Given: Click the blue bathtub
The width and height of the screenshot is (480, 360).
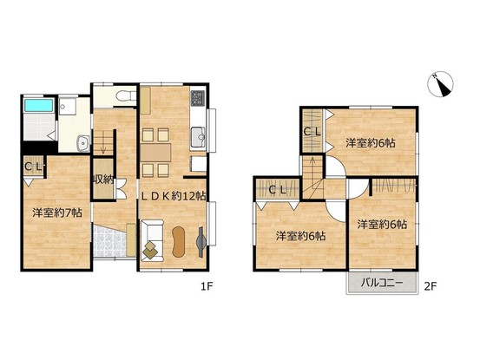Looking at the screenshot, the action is click(x=38, y=105).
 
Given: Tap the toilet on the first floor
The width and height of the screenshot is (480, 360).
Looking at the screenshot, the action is click(x=126, y=95).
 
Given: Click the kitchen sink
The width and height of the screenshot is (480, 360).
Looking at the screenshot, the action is click(x=198, y=136).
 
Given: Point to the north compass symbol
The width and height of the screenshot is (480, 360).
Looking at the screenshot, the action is click(x=440, y=85).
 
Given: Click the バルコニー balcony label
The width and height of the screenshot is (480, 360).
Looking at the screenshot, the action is click(x=381, y=283).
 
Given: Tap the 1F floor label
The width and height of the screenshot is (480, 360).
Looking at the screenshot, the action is click(x=207, y=286).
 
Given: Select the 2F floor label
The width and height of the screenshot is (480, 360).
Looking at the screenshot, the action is click(x=431, y=286).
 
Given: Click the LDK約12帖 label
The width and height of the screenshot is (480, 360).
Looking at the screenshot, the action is click(x=174, y=196).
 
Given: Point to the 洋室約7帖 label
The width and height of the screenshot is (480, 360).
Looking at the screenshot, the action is click(x=57, y=213).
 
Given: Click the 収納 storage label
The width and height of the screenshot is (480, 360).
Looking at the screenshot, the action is click(x=103, y=180).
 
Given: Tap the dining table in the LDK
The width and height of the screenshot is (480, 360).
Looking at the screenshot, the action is click(x=156, y=153).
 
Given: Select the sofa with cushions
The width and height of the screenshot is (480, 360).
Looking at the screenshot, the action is click(x=152, y=240).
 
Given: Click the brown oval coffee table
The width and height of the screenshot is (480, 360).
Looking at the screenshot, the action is click(x=179, y=242).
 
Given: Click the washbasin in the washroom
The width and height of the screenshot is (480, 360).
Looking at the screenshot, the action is click(x=83, y=143).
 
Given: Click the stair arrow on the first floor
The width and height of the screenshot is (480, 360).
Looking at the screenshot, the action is click(x=103, y=146).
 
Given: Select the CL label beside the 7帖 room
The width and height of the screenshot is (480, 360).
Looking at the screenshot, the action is click(x=33, y=167).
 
